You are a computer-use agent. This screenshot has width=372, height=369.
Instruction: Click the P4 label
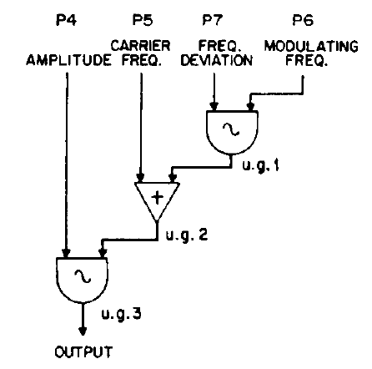pyautogui.click(x=66, y=20)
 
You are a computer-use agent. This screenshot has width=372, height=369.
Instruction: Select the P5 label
pyautogui.click(x=143, y=20)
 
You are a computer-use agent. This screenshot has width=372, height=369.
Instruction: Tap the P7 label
pyautogui.click(x=213, y=20)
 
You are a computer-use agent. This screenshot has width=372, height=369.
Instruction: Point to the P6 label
pyautogui.click(x=303, y=20)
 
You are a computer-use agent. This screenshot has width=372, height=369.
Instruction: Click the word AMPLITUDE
pyautogui.click(x=68, y=60)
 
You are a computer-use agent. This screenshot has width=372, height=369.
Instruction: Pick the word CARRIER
pyautogui.click(x=141, y=46)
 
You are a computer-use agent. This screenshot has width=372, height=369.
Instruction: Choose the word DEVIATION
pyautogui.click(x=217, y=60)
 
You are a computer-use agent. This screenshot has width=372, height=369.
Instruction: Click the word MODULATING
pyautogui.click(x=311, y=46)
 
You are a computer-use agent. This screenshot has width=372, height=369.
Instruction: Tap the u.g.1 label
pyautogui.click(x=260, y=166)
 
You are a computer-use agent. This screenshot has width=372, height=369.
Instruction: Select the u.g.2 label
pyautogui.click(x=187, y=235)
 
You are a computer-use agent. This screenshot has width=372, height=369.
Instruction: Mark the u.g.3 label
pyautogui.click(x=121, y=314)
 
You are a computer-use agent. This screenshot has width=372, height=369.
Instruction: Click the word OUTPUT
pyautogui.click(x=83, y=352)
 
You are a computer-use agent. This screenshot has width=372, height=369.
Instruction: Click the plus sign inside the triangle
pyautogui.click(x=158, y=198)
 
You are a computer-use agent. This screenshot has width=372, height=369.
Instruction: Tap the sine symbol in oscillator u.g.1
pyautogui.click(x=231, y=129)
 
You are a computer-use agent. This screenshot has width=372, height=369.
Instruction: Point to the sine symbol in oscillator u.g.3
pyautogui.click(x=83, y=276)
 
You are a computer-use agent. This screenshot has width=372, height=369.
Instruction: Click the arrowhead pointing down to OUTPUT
pyautogui.click(x=83, y=331)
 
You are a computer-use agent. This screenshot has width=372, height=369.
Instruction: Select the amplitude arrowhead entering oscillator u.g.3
pyautogui.click(x=66, y=253)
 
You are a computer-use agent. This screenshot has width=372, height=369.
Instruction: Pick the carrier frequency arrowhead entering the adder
pyautogui.click(x=141, y=177)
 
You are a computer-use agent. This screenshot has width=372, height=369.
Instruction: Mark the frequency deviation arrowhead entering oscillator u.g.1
pyautogui.click(x=214, y=106)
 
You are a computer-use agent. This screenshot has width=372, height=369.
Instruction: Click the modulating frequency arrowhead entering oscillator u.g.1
pyautogui.click(x=250, y=106)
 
